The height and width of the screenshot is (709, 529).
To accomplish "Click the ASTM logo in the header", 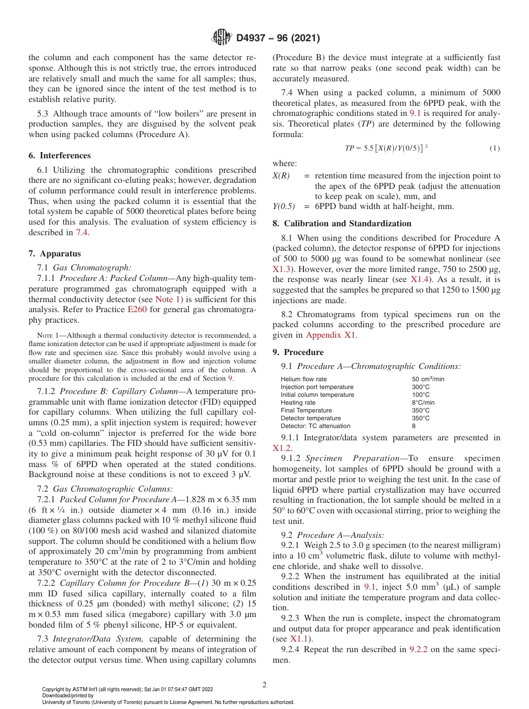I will click(x=222, y=38).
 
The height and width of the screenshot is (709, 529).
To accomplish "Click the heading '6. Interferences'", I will click(x=60, y=156).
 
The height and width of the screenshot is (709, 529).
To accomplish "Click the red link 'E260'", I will click(x=137, y=310).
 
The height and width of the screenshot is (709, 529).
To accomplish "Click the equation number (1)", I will click(x=494, y=148).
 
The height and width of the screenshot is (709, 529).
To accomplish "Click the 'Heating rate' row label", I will click(x=298, y=402).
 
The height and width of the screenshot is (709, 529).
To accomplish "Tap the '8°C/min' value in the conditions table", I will click(x=423, y=402).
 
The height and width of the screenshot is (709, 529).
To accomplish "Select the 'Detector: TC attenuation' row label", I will click(x=315, y=426).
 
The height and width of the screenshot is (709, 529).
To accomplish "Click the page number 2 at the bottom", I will click(x=264, y=686).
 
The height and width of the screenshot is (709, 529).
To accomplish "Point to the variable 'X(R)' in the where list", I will click(x=280, y=176).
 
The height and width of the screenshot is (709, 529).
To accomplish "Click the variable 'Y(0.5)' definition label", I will click(x=283, y=206).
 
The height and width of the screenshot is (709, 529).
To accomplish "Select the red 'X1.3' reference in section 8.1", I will click(x=280, y=269).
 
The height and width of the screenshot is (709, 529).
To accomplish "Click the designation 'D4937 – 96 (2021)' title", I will click(x=278, y=38).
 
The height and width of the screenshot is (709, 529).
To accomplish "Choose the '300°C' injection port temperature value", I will click(x=420, y=387).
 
